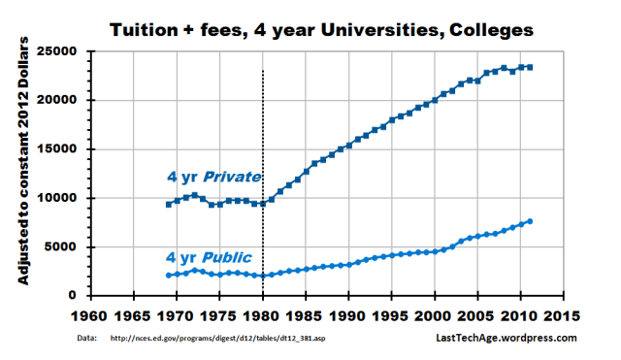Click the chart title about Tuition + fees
click(320, 30)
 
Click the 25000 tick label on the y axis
click(61, 50)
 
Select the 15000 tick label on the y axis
click(61, 149)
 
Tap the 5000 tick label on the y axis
click(65, 247)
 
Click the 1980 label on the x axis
click(262, 315)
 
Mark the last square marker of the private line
click(530, 67)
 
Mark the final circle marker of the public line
click(530, 221)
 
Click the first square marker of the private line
click(168, 204)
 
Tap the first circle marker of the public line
click(168, 276)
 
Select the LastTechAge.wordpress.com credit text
click(505, 338)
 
